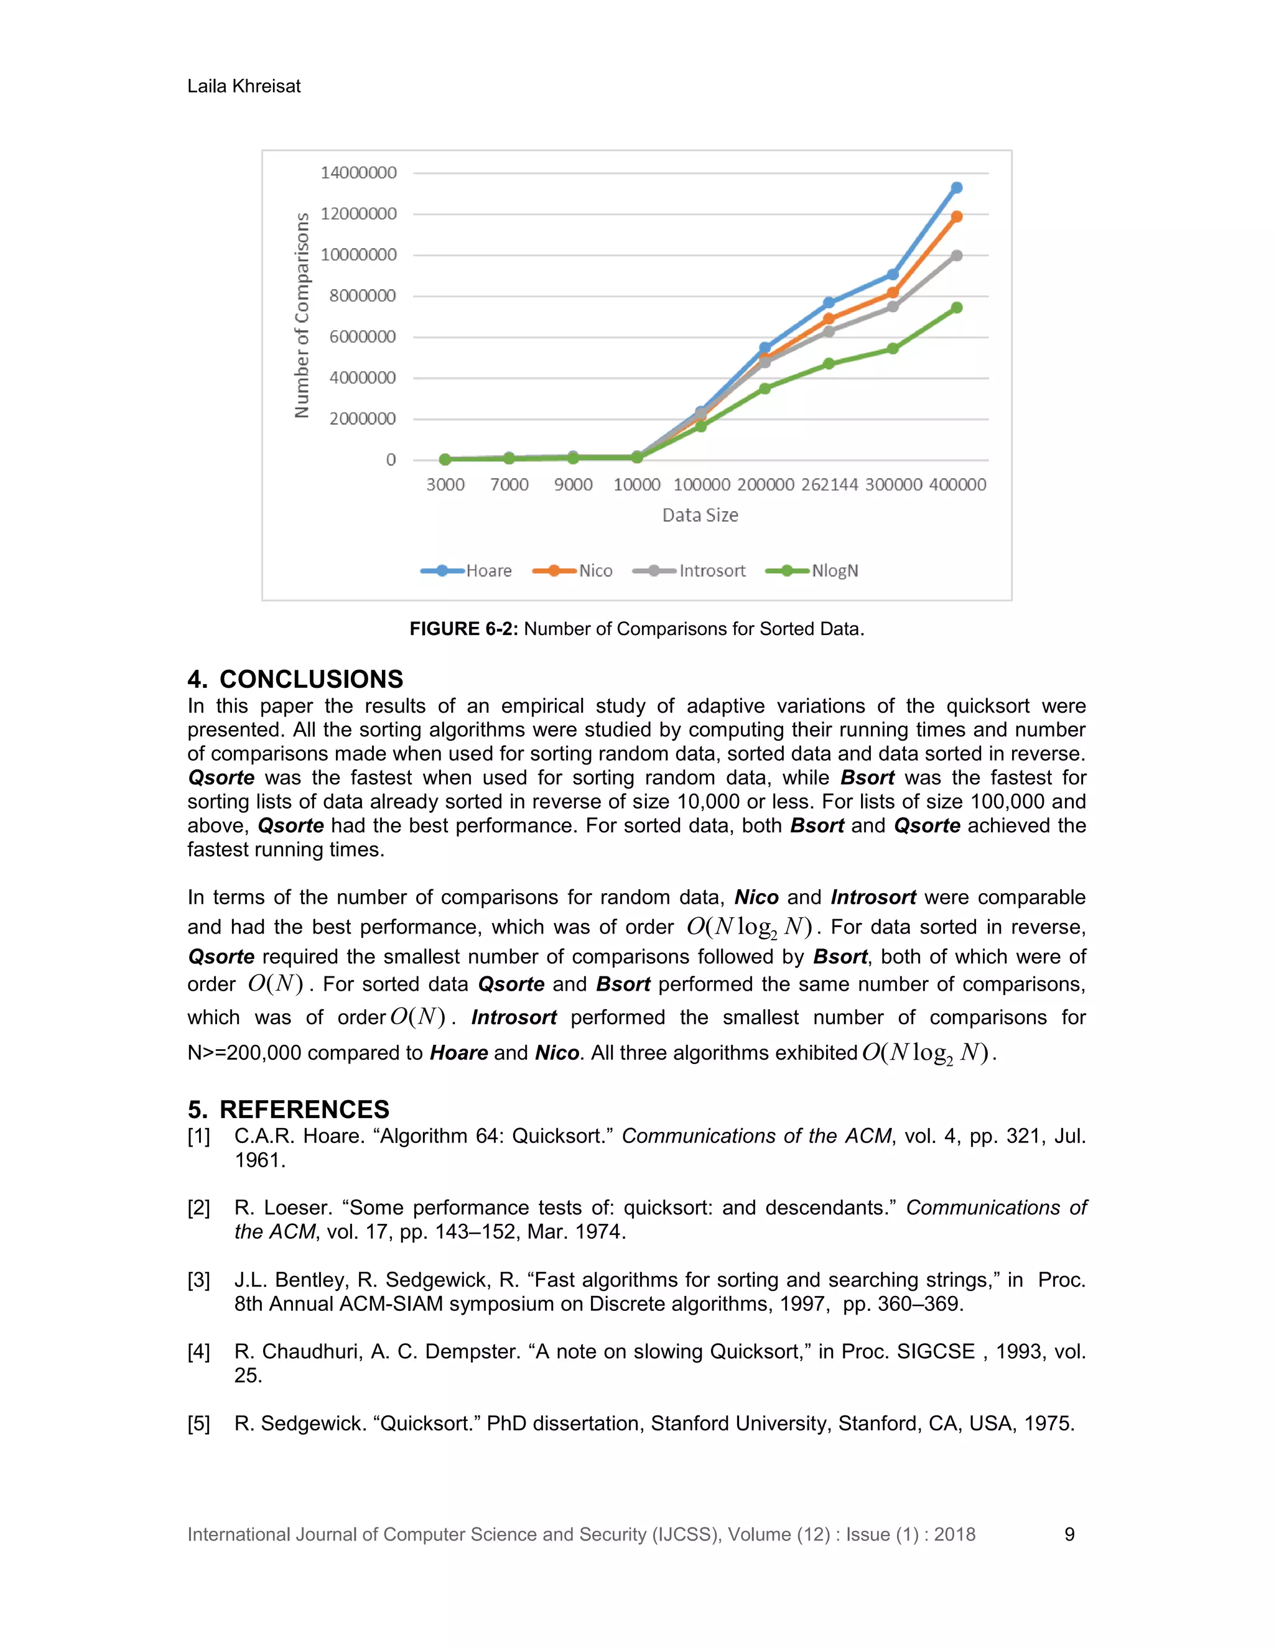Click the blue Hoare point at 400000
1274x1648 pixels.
[956, 187]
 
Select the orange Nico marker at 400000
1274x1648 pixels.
[956, 216]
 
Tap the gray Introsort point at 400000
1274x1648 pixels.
[956, 256]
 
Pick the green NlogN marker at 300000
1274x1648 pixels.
[892, 349]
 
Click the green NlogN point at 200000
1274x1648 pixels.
[765, 389]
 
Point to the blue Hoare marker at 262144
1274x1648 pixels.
[829, 303]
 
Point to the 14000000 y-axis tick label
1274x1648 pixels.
[358, 173]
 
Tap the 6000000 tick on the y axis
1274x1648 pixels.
[362, 336]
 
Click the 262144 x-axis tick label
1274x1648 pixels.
[829, 484]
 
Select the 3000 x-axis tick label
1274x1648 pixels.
[445, 484]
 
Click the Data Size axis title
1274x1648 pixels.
[700, 516]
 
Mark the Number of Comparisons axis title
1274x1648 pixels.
[302, 315]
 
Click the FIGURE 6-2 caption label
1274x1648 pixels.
[463, 629]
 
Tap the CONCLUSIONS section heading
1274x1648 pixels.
[295, 679]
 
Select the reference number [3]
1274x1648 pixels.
[198, 1280]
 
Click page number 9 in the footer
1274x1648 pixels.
[1069, 1534]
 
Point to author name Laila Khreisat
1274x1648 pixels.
[244, 86]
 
